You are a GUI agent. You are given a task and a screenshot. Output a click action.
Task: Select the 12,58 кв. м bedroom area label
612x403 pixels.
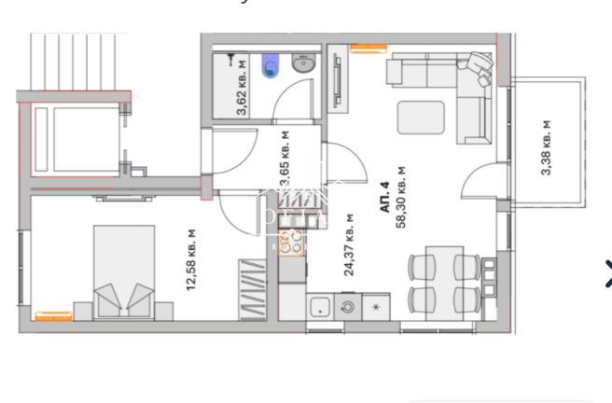tap(191, 260)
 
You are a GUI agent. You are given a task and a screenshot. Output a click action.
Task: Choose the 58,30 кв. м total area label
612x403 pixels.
tap(402, 197)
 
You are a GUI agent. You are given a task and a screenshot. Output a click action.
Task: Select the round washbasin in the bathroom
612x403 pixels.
tap(302, 64)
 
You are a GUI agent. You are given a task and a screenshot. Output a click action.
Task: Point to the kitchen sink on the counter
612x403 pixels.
tap(319, 305)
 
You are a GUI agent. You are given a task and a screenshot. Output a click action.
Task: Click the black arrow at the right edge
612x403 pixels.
tap(607, 272)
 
